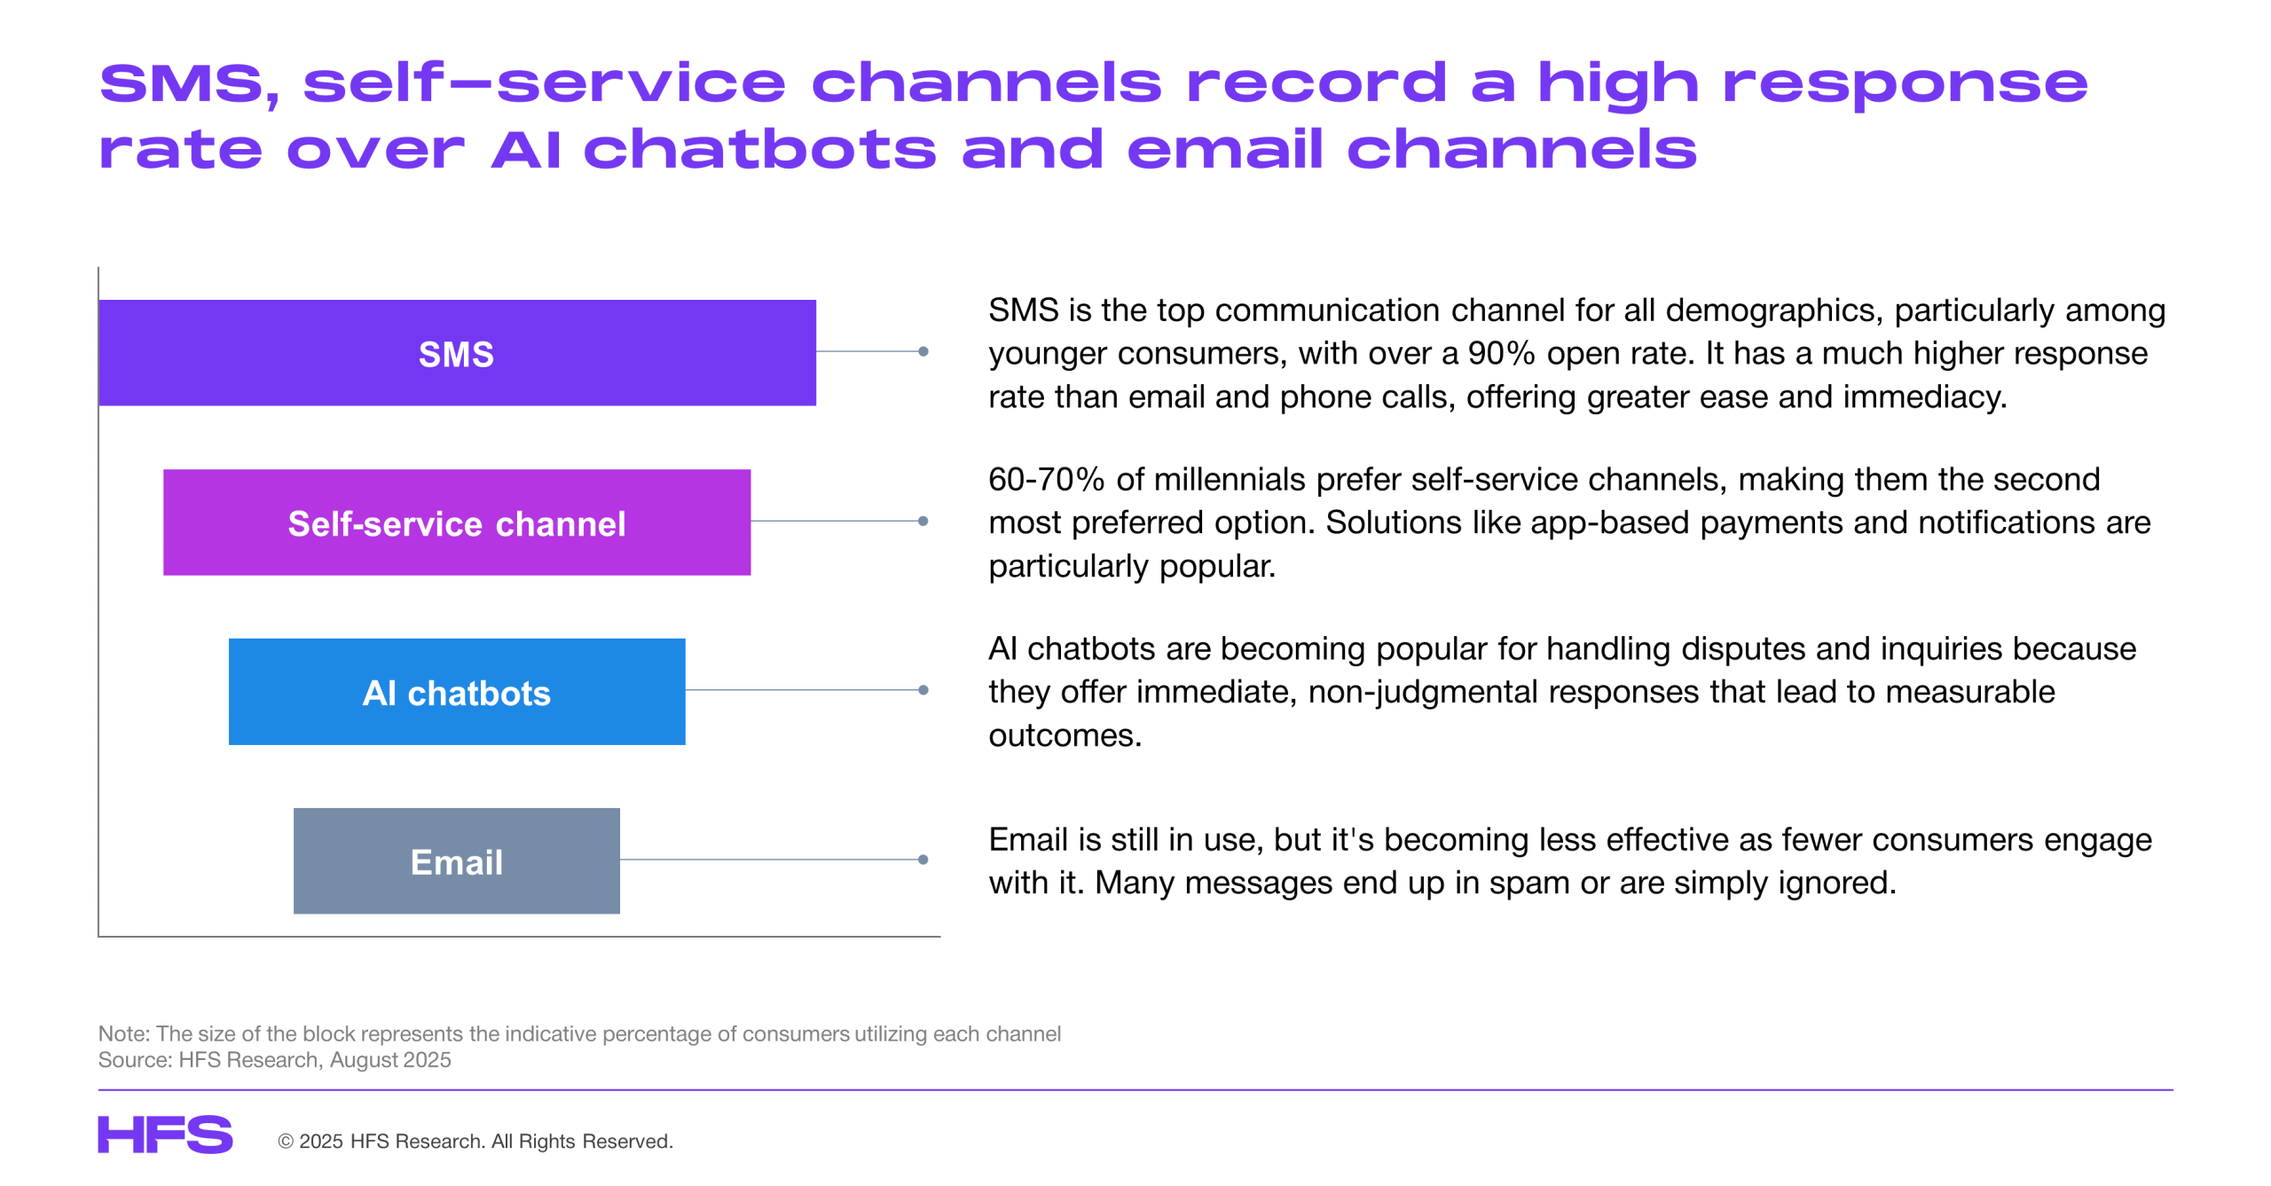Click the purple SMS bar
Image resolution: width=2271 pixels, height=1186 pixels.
pyautogui.click(x=457, y=353)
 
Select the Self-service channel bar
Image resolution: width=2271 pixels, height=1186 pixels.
pyautogui.click(x=457, y=522)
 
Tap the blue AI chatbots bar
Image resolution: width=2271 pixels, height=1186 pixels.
pyautogui.click(x=457, y=692)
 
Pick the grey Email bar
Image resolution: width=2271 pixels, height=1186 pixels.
pyautogui.click(x=457, y=861)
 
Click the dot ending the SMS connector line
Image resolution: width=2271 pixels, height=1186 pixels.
pyautogui.click(x=923, y=352)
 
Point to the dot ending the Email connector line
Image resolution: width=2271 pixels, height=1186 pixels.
pyautogui.click(x=923, y=860)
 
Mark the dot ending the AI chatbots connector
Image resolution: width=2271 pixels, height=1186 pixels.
pyautogui.click(x=923, y=690)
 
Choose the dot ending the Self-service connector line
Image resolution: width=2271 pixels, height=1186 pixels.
pyautogui.click(x=923, y=522)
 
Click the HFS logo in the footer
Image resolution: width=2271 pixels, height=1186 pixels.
pyautogui.click(x=165, y=1135)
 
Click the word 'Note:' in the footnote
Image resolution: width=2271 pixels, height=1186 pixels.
pyautogui.click(x=124, y=1034)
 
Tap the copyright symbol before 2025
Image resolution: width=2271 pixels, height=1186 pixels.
pyautogui.click(x=286, y=1142)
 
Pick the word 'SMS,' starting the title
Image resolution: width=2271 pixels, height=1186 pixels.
pyautogui.click(x=189, y=84)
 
